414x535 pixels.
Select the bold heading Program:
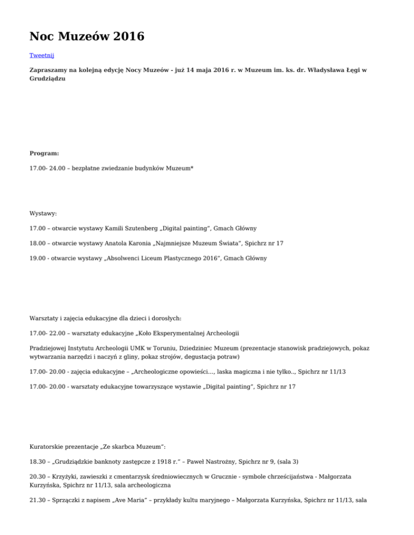pos(44,153)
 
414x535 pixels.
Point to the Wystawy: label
pos(44,213)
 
